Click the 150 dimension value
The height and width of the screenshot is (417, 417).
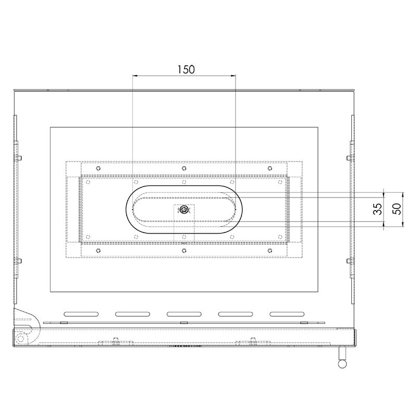pyautogui.click(x=186, y=69)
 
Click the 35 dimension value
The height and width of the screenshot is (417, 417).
pyautogui.click(x=377, y=209)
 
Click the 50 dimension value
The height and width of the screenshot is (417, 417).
pyautogui.click(x=396, y=209)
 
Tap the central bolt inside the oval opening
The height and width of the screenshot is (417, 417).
pyautogui.click(x=183, y=210)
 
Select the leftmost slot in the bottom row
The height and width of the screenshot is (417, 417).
pyautogui.click(x=81, y=314)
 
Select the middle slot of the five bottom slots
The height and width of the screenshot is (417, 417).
pyautogui.click(x=184, y=314)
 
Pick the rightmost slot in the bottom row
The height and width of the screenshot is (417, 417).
pyautogui.click(x=287, y=314)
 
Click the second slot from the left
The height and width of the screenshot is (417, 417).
pyautogui.click(x=133, y=314)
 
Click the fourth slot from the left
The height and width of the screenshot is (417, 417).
pyautogui.click(x=236, y=314)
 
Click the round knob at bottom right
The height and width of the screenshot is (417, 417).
pyautogui.click(x=342, y=364)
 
